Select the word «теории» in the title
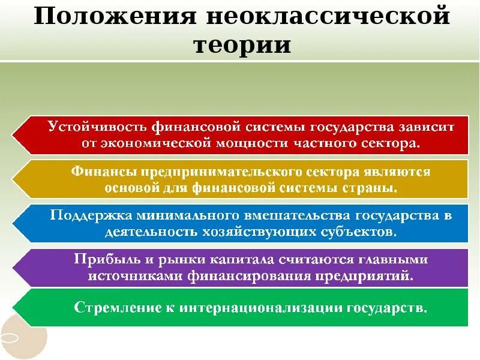tap(241, 45)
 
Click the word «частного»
tap(328, 143)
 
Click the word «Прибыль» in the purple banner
tap(99, 259)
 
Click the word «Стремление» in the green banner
tap(115, 308)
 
